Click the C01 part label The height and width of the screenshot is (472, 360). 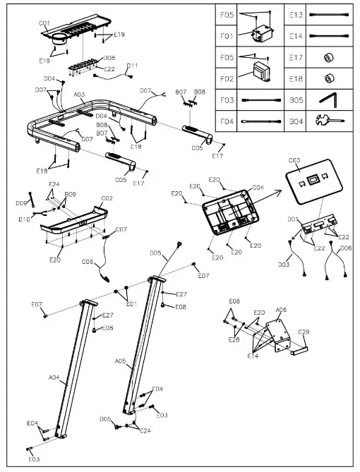click(44, 23)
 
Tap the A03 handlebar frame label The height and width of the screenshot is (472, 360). click(79, 94)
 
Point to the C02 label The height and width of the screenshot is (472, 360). click(107, 199)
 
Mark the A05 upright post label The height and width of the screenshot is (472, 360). click(120, 361)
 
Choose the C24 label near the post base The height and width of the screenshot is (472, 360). click(145, 430)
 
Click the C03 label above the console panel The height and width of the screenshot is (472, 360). click(294, 161)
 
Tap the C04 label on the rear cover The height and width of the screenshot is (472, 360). click(258, 188)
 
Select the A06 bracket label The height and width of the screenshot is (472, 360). click(281, 310)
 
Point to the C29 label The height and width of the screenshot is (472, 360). click(304, 332)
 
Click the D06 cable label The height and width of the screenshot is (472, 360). click(346, 248)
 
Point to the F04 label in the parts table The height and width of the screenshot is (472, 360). click(227, 121)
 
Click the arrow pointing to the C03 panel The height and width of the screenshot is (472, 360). click(266, 195)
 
